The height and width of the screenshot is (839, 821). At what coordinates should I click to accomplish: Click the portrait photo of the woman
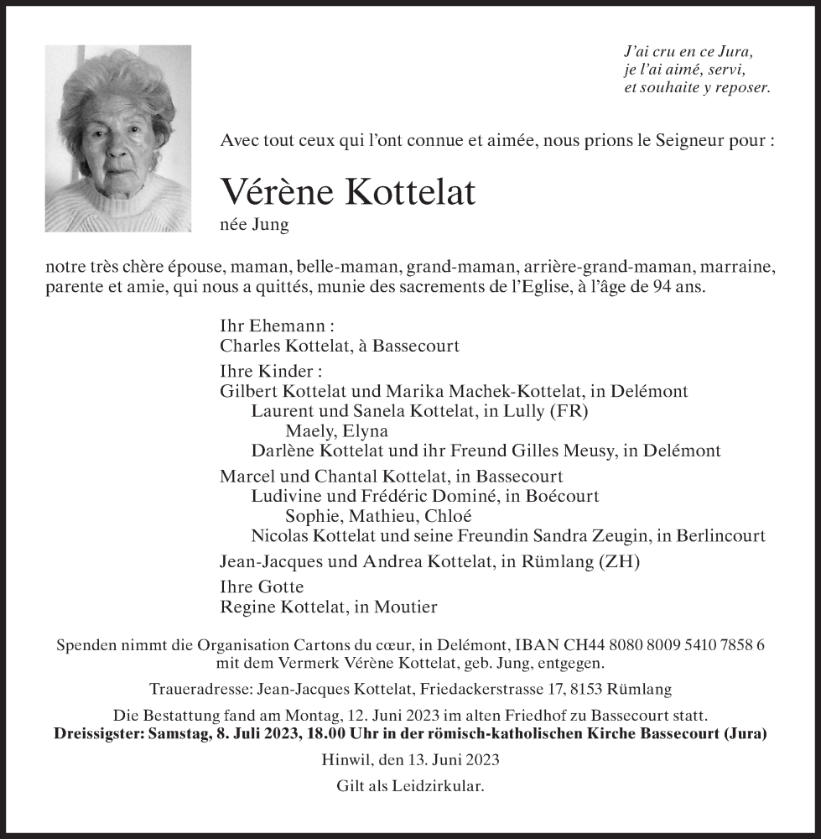click(117, 138)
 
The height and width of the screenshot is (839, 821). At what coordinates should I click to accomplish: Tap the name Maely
click(307, 431)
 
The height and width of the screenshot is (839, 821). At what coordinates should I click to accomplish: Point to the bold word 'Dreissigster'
click(99, 732)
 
